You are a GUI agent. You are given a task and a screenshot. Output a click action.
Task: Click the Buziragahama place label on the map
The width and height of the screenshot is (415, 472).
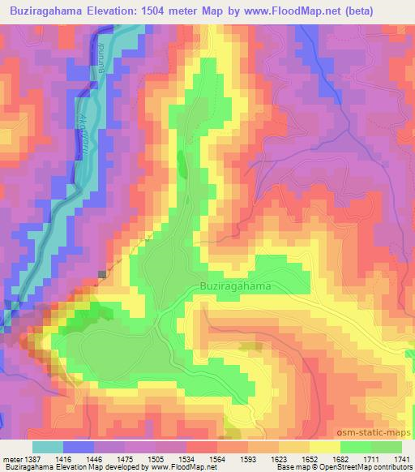236,286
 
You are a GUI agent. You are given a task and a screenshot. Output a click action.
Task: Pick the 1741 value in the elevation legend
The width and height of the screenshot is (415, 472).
403,458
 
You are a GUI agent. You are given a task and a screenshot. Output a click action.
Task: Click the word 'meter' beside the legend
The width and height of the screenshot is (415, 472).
12,458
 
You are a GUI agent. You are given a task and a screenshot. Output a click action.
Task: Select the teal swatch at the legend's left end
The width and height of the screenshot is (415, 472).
47,447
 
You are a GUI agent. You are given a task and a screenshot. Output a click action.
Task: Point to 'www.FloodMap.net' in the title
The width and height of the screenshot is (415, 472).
313,10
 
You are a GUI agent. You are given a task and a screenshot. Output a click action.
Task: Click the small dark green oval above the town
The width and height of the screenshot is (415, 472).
182,166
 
